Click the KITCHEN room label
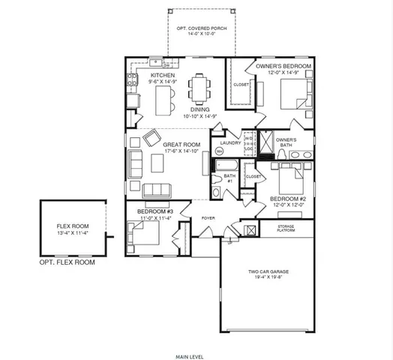pyautogui.click(x=163, y=76)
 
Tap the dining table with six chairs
pyautogui.click(x=199, y=90)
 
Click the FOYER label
pyautogui.click(x=208, y=219)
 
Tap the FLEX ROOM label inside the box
pyautogui.click(x=73, y=226)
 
